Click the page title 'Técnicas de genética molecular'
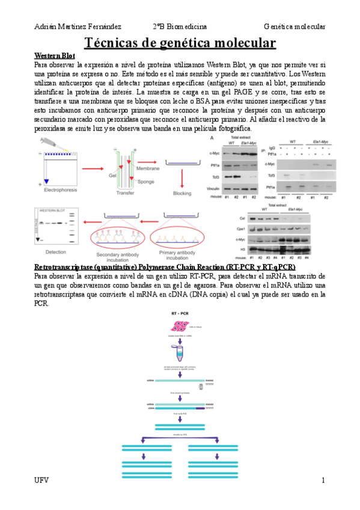pos(180,43)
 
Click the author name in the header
pos(78,27)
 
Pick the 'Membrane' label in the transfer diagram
pos(148,170)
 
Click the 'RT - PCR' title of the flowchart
pos(178,313)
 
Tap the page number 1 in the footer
pos(323,481)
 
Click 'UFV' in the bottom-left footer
pos(41,481)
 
